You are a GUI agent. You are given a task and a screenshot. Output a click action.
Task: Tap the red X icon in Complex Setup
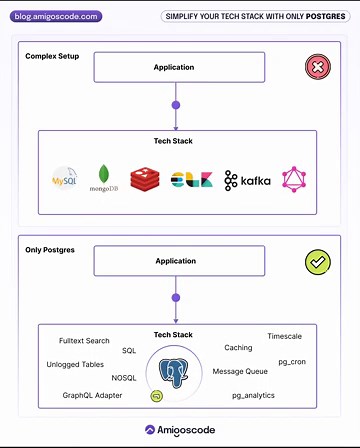pyautogui.click(x=317, y=68)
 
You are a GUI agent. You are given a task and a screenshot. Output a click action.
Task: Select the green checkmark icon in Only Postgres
pyautogui.click(x=317, y=263)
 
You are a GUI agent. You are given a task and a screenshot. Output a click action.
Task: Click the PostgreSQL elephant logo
pyautogui.click(x=176, y=372)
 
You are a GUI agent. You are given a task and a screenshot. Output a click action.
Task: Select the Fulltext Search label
pyautogui.click(x=84, y=341)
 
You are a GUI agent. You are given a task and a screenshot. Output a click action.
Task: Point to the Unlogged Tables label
pyautogui.click(x=76, y=364)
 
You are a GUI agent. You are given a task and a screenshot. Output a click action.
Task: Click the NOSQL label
pyautogui.click(x=124, y=378)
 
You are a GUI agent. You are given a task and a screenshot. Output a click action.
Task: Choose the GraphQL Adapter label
pyautogui.click(x=93, y=396)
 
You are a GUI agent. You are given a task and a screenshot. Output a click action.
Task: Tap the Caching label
pyautogui.click(x=238, y=348)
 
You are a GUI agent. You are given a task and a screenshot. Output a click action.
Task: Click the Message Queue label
pyautogui.click(x=241, y=371)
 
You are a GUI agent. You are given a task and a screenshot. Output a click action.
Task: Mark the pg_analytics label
pyautogui.click(x=253, y=396)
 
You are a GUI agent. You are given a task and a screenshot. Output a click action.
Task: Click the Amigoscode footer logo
pyautogui.click(x=180, y=430)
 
